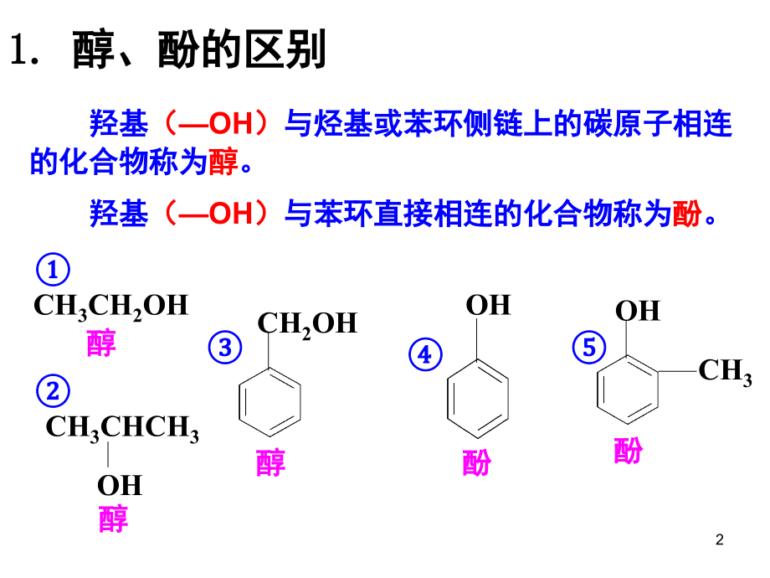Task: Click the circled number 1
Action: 53,270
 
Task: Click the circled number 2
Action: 53,390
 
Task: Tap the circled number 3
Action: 225,348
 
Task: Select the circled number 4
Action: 425,354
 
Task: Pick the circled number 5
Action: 588,347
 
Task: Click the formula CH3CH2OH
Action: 111,307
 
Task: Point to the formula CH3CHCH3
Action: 122,428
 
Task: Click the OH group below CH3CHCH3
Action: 120,486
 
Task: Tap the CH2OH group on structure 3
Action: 307,325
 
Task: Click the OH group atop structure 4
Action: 488,305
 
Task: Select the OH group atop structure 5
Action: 638,311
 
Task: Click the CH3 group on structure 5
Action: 726,372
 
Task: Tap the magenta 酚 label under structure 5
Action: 628,450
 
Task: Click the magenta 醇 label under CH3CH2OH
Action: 101,343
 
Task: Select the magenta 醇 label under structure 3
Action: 270,462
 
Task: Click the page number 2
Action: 720,539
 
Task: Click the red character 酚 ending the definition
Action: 687,214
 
